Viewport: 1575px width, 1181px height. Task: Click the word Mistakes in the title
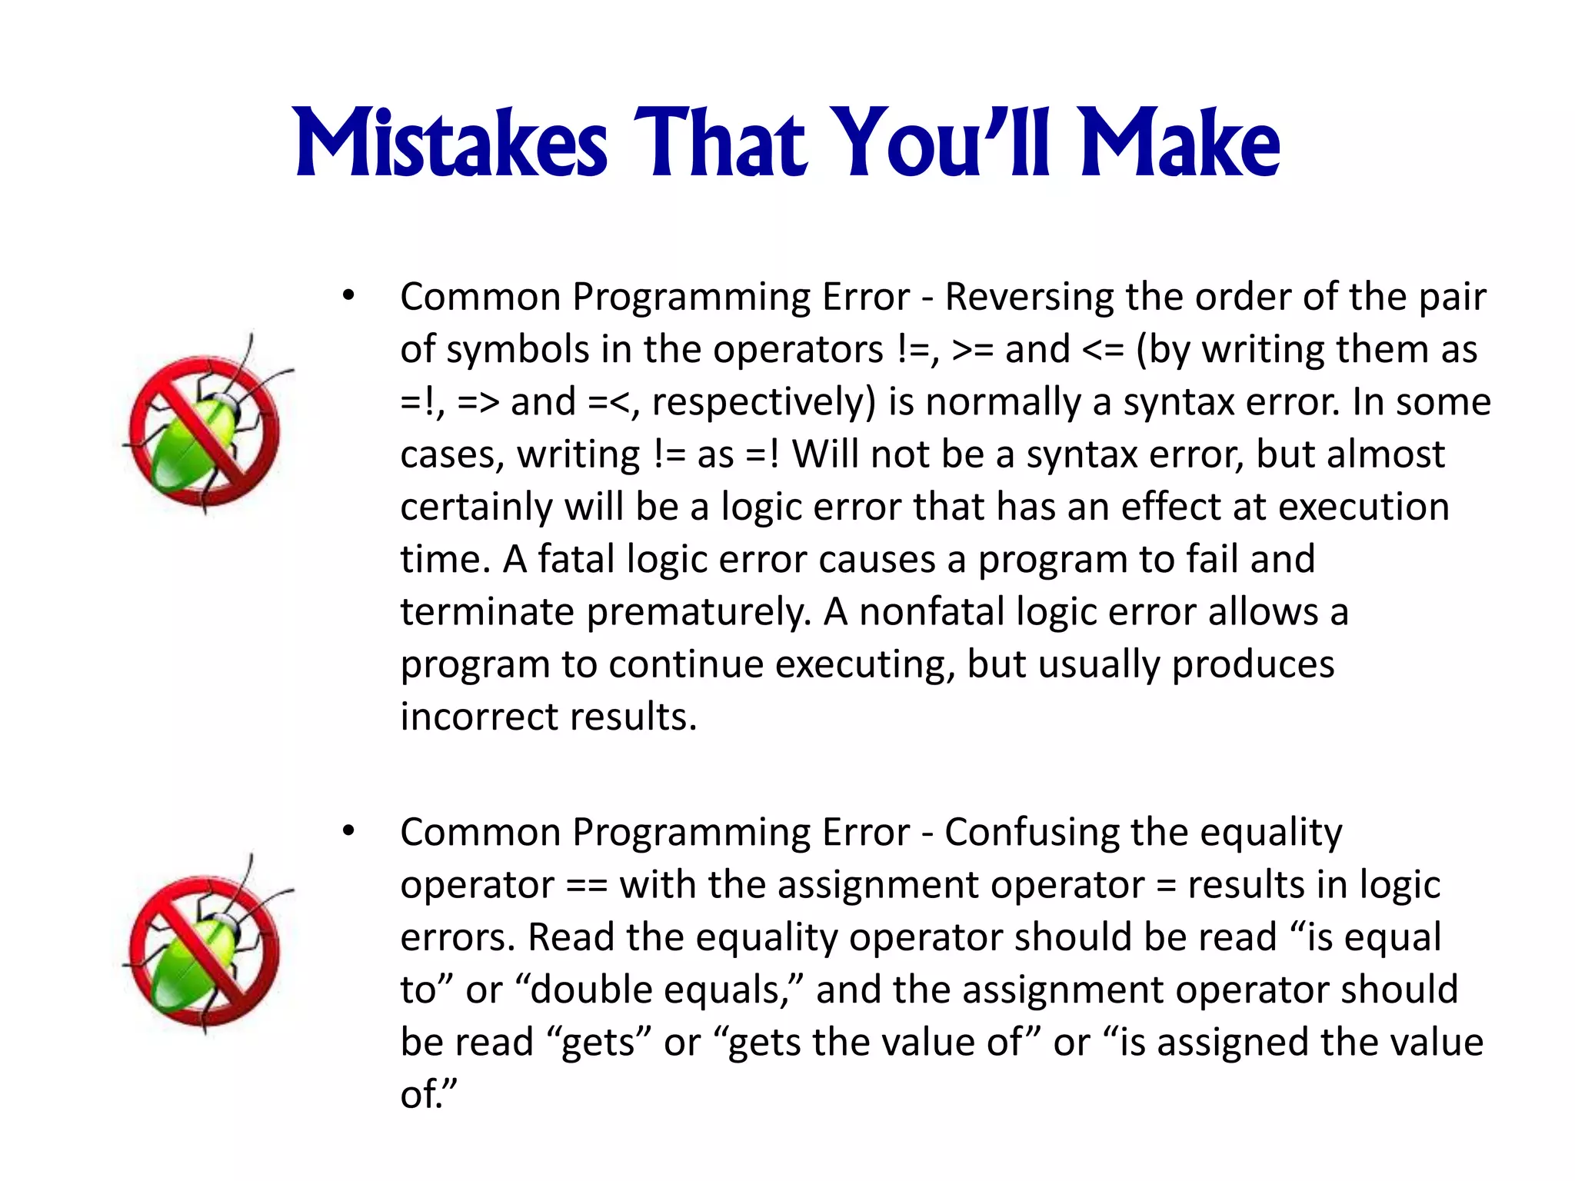coord(451,144)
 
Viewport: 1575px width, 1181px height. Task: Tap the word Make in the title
coord(1180,144)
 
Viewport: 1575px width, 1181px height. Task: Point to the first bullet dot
coord(348,295)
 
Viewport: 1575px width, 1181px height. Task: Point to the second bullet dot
coord(348,831)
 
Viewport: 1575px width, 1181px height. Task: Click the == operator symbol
coord(587,885)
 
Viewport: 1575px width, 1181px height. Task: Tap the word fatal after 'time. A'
coord(576,559)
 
